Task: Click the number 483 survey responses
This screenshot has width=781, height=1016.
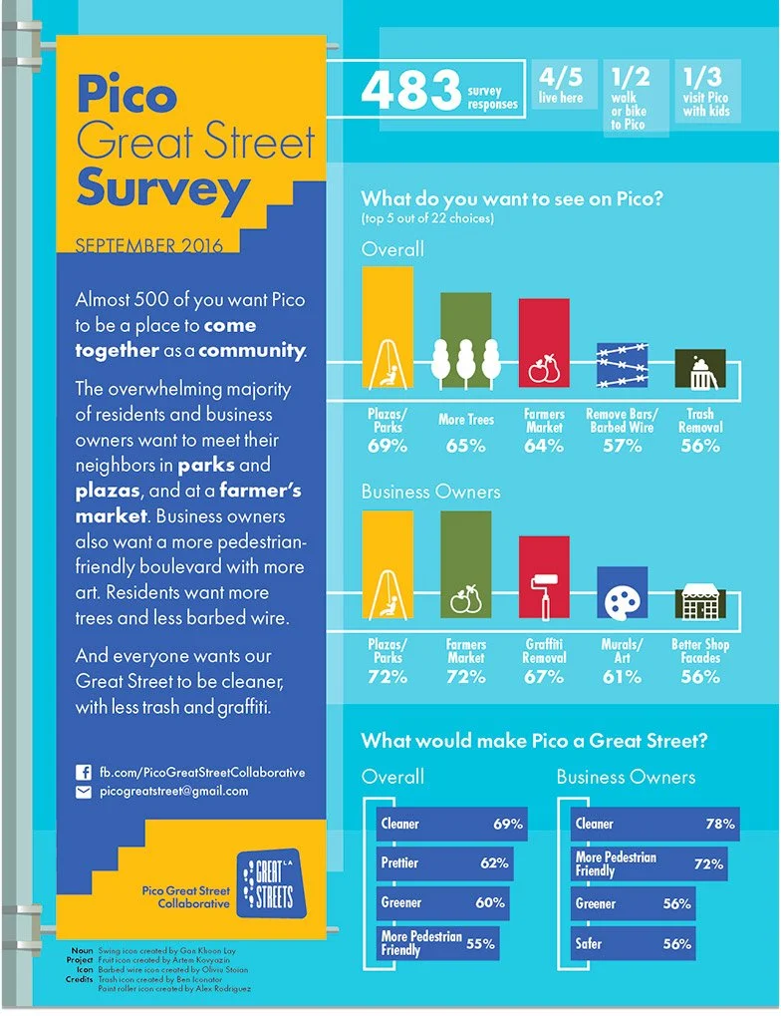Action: point(410,90)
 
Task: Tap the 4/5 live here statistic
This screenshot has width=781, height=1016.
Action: point(561,85)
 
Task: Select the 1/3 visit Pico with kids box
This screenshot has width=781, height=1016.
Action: point(706,91)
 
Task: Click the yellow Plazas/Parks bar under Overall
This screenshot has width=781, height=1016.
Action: point(388,328)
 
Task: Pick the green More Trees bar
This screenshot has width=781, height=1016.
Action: point(465,340)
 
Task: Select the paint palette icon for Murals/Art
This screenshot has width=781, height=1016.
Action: point(622,601)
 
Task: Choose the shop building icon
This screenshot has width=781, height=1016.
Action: point(700,602)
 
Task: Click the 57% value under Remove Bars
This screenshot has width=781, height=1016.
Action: point(623,446)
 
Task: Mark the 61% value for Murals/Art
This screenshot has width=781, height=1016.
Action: point(622,677)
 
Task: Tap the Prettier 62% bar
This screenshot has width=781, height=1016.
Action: point(445,863)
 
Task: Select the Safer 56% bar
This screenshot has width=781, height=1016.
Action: point(633,943)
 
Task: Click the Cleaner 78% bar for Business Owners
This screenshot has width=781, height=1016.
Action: point(654,825)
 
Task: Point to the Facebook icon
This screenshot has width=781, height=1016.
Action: point(84,773)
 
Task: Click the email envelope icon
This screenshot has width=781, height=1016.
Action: point(84,792)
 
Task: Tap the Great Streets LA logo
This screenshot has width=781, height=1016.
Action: point(270,883)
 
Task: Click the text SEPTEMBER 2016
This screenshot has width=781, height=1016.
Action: point(149,246)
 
